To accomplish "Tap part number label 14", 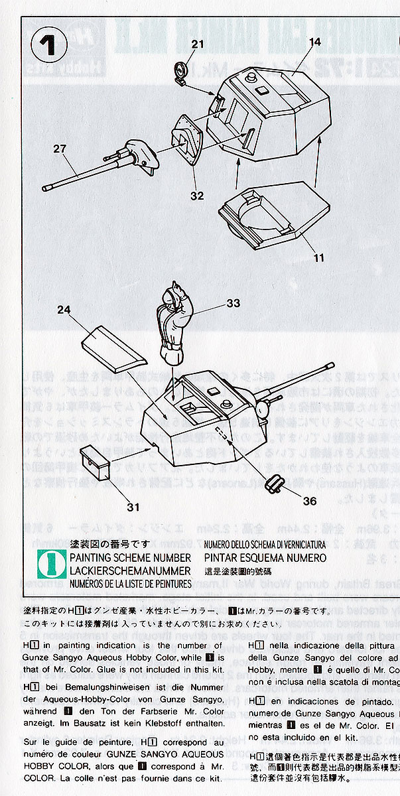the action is coord(314,42).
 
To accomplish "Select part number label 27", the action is coord(60,149).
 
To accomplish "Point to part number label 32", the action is coord(196,196).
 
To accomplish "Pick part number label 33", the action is coord(232,303).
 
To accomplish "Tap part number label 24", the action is coord(63,309).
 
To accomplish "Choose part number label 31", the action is coord(133,507).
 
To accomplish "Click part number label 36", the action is coord(310,501).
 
